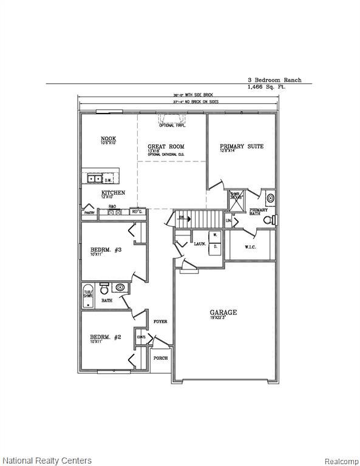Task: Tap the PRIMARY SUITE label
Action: tap(242, 146)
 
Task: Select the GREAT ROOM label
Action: tap(166, 147)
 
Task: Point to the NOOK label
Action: tap(108, 139)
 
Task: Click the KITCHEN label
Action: tap(113, 193)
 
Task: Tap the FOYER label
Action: tap(160, 322)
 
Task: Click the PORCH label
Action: tap(160, 358)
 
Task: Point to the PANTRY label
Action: tap(89, 213)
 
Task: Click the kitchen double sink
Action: tap(95, 179)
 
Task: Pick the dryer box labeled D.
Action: tap(214, 247)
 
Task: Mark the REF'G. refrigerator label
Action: tap(137, 212)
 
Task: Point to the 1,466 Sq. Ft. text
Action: tap(267, 87)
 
